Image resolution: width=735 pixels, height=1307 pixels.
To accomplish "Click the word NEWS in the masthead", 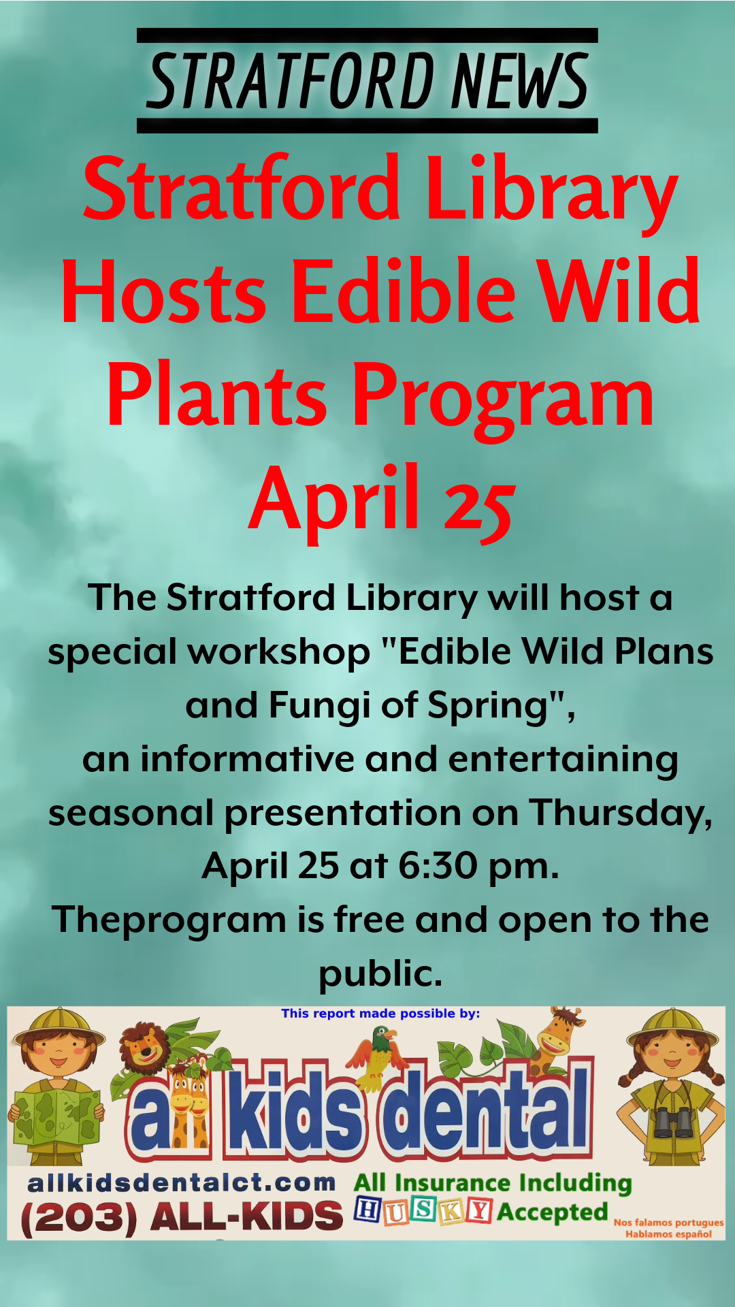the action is [x=519, y=81].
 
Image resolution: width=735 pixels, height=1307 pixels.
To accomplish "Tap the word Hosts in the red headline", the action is [x=163, y=291].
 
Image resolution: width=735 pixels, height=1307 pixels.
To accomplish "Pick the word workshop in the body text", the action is [x=279, y=651].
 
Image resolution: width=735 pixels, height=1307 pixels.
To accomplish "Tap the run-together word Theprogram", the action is [x=169, y=921].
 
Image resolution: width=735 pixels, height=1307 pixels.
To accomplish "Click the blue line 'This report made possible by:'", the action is [x=380, y=1014].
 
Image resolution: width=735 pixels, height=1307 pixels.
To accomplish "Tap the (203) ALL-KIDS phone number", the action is [x=182, y=1216].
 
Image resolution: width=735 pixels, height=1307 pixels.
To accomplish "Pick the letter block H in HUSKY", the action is [x=367, y=1210].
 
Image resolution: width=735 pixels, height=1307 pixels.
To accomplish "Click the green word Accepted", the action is [x=553, y=1212].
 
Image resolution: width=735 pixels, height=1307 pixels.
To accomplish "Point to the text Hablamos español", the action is [x=669, y=1234].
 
